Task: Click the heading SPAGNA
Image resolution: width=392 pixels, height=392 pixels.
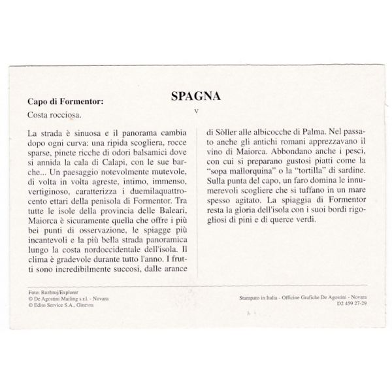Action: point(195,96)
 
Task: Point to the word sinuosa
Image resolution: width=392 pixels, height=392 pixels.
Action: point(85,133)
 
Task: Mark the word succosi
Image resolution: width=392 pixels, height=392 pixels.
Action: point(135,269)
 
